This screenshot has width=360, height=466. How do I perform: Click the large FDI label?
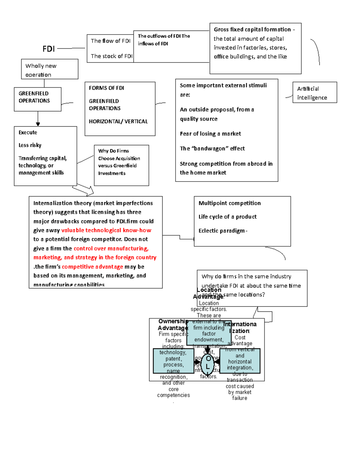point(49,49)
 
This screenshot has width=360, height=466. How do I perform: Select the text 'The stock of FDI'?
point(111,56)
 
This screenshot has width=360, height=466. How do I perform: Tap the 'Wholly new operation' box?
point(49,69)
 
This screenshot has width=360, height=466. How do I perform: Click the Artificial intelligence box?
point(314,93)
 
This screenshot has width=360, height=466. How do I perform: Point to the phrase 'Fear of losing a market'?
point(210,134)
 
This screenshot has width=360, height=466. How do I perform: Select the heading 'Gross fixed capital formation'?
point(252,29)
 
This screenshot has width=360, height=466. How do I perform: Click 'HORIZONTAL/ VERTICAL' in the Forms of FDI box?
point(118,122)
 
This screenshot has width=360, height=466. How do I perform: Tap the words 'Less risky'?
point(30,145)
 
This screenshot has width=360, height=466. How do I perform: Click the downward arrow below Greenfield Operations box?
point(38,120)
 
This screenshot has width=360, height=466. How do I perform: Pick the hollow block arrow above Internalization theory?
point(83,189)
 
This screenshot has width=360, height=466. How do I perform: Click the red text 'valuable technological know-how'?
point(106,230)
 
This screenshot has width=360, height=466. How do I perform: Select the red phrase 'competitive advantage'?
point(92,267)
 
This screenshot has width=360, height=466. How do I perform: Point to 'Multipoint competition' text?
point(229,203)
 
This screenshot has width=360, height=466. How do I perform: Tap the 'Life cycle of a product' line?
point(227,217)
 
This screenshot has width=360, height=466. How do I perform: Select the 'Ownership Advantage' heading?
point(173,324)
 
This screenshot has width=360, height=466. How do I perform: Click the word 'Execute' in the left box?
point(28,133)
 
